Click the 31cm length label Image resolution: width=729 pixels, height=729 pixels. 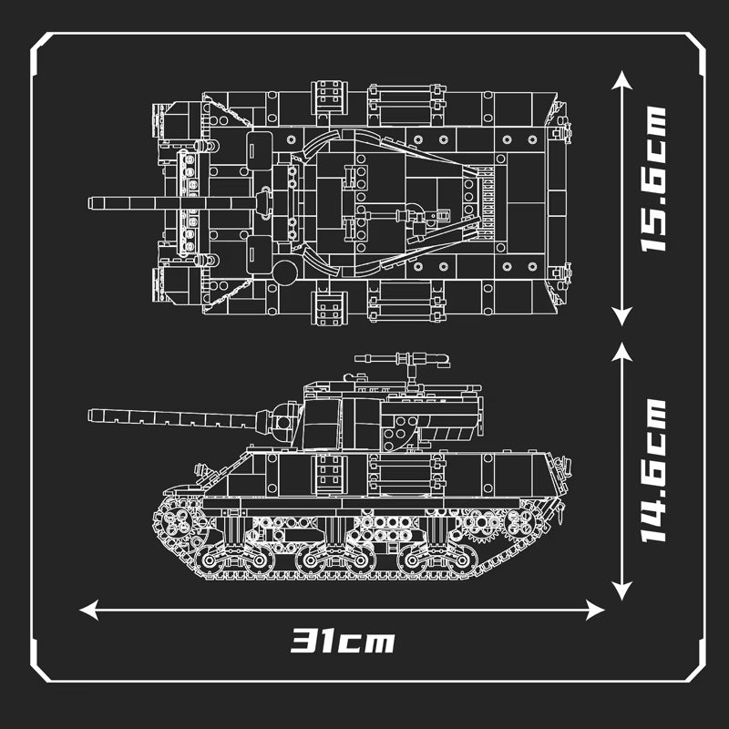click(343, 641)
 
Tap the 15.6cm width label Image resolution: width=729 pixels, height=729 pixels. click(652, 179)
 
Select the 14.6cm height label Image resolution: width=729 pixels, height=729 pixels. click(652, 471)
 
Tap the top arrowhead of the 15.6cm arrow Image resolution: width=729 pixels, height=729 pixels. click(621, 82)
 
